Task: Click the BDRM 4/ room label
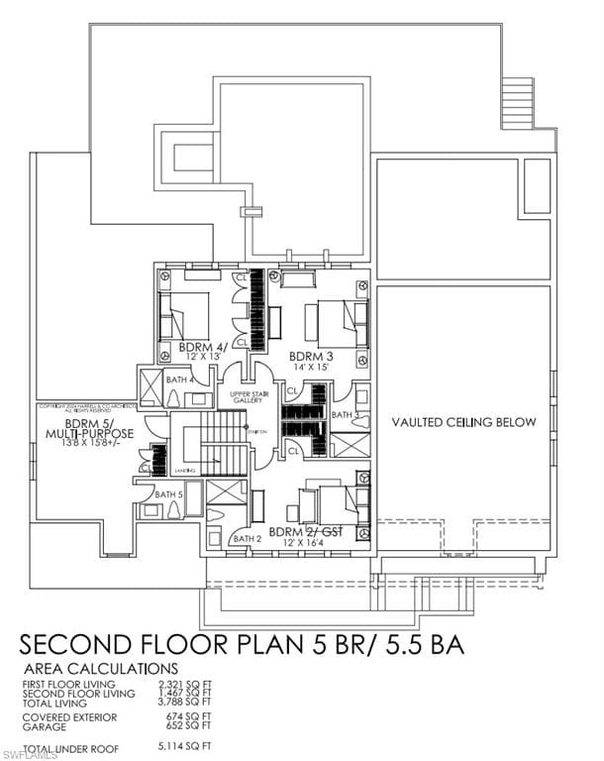pyautogui.click(x=203, y=347)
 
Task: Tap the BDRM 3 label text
pyautogui.click(x=309, y=355)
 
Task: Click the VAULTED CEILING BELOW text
pyautogui.click(x=463, y=422)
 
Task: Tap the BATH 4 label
pyautogui.click(x=178, y=380)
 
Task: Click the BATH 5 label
pyautogui.click(x=167, y=493)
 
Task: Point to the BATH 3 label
pyautogui.click(x=343, y=414)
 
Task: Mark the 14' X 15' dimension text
pyautogui.click(x=309, y=367)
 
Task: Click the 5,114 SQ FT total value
pyautogui.click(x=184, y=745)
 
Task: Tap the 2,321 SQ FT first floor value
pyautogui.click(x=184, y=684)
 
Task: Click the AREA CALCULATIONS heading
pyautogui.click(x=100, y=669)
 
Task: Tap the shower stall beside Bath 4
pyautogui.click(x=152, y=382)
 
